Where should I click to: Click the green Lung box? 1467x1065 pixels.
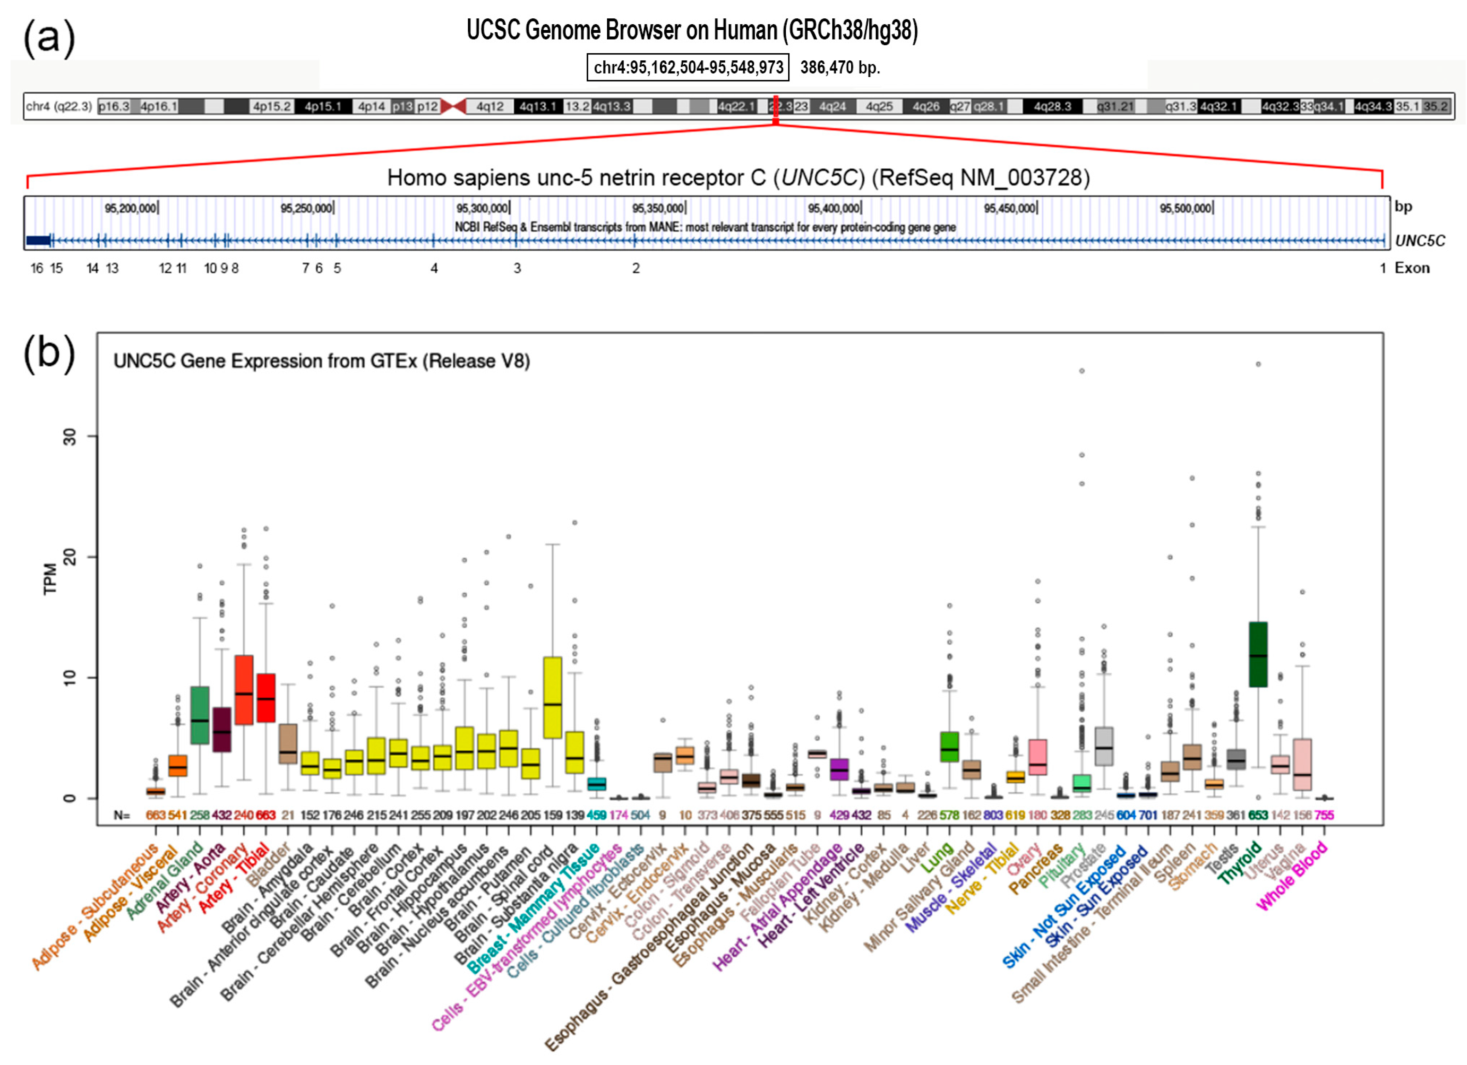click(949, 746)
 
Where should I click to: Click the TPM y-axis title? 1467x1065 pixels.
click(50, 579)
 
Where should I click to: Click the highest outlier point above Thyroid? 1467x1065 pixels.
click(1258, 364)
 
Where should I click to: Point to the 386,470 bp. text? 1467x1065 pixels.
click(840, 67)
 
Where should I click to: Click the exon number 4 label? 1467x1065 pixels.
click(434, 268)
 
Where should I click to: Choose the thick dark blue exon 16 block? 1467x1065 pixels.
click(37, 241)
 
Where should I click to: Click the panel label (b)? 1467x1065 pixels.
click(49, 354)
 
